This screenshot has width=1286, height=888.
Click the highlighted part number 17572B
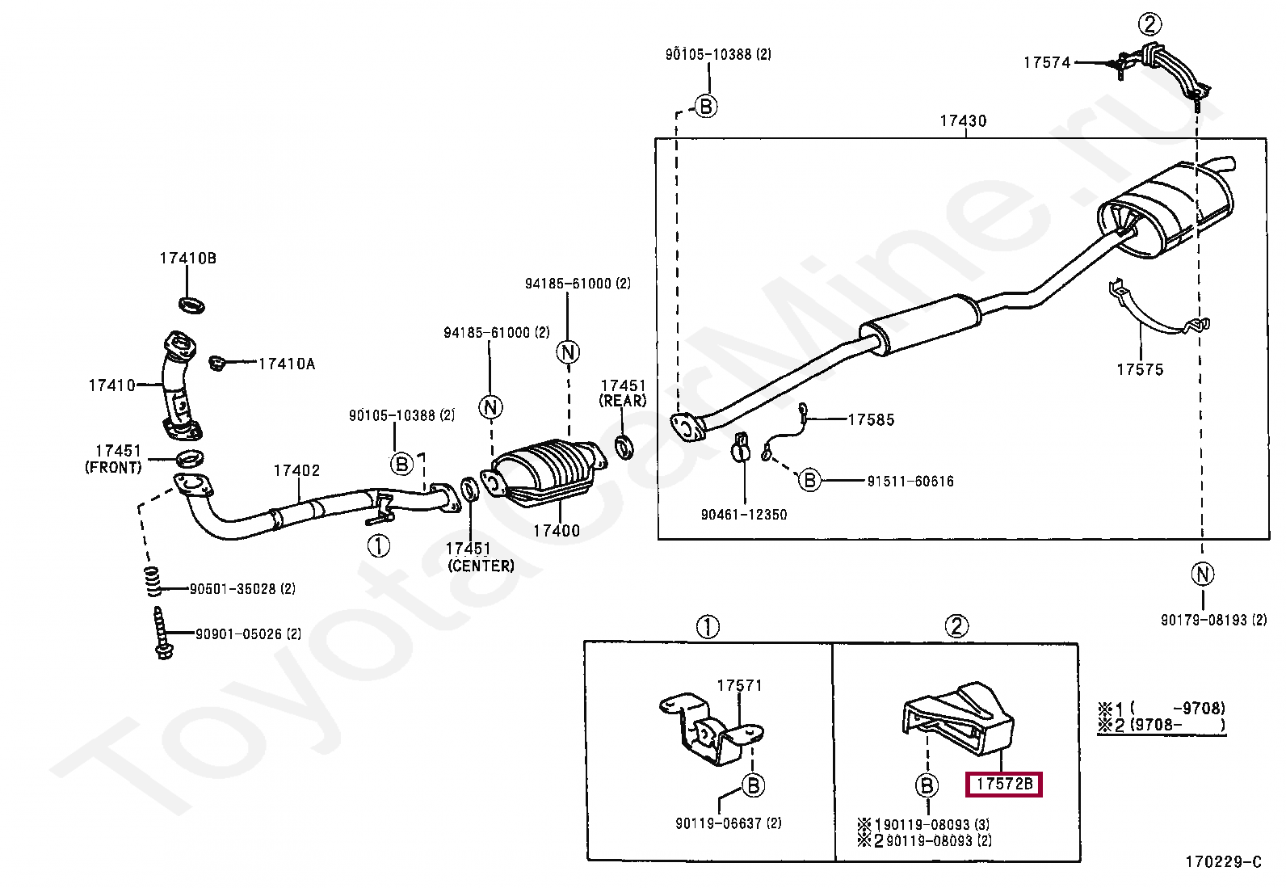pos(1004,784)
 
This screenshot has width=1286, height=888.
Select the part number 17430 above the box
pos(963,121)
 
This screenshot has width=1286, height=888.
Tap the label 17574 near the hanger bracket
pos(1047,63)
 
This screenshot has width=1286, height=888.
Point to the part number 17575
pos(1140,370)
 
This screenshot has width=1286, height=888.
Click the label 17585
pos(871,420)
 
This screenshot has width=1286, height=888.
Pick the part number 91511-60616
pos(910,482)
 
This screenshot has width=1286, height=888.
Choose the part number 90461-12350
pos(743,515)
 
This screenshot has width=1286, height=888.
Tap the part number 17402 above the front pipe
pos(296,471)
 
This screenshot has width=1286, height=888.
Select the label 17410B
pos(187,259)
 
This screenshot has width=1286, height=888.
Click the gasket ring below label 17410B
pos(191,305)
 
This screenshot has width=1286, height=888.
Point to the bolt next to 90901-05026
pos(162,633)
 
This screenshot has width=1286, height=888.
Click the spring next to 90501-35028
pos(153,582)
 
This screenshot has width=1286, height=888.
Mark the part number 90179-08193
pos(1213,621)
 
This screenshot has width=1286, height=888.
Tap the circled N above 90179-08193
pos(1203,574)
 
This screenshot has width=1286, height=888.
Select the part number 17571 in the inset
pos(739,686)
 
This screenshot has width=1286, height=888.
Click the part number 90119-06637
pos(728,823)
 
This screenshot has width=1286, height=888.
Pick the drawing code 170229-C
pos(1223,862)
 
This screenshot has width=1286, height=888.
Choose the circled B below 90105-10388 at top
pos(705,106)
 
